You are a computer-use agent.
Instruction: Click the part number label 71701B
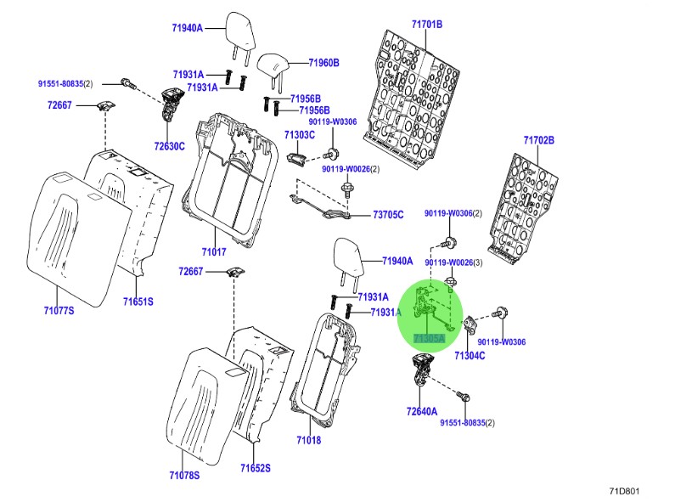point(427,25)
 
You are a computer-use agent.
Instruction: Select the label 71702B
point(538,140)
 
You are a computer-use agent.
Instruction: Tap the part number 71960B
point(323,63)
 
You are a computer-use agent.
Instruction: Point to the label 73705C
point(389,216)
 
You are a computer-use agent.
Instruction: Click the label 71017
point(214,252)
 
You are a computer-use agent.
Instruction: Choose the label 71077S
point(59,311)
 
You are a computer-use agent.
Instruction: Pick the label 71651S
point(138,302)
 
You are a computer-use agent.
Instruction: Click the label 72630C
point(169,146)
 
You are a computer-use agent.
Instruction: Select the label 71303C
point(300,135)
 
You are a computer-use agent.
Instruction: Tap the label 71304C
point(470,355)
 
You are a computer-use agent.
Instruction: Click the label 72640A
point(422,412)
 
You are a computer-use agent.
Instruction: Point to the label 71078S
point(183,475)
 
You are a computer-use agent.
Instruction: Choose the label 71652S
point(254,468)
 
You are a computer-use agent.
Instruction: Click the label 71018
point(308,440)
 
